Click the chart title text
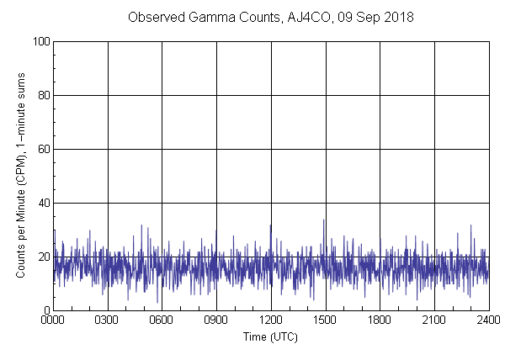pos(270,17)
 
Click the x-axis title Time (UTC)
pos(270,336)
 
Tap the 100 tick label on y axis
pos(40,41)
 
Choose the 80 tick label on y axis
pos(43,95)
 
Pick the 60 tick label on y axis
pos(43,149)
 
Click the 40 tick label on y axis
pos(43,203)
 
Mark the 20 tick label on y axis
pos(43,257)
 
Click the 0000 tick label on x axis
pos(54,320)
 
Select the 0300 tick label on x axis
pos(108,320)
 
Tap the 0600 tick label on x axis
pos(162,320)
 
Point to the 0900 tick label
pos(216,320)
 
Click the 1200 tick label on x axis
pos(271,320)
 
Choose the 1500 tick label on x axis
pos(325,320)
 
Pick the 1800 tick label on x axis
pos(380,320)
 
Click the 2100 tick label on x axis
pos(433,320)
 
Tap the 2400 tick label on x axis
pos(488,320)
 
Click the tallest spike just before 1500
pos(324,221)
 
